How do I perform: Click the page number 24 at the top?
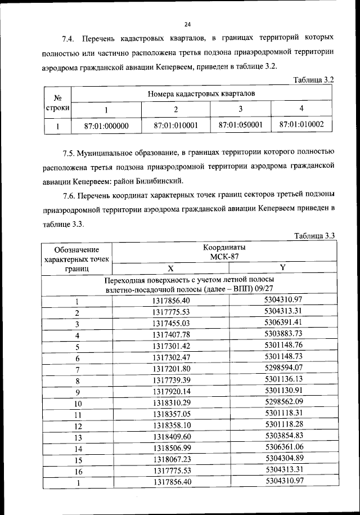(x=187, y=24)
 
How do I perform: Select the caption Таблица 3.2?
(x=314, y=80)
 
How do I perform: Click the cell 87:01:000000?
(x=106, y=126)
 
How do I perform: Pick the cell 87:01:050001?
(x=240, y=125)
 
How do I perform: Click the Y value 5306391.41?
(x=283, y=323)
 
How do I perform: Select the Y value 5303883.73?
(x=283, y=334)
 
